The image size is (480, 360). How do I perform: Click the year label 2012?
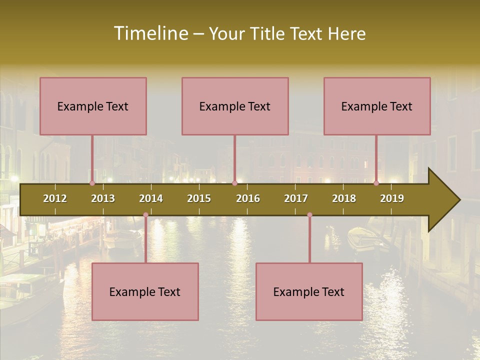[x=55, y=198]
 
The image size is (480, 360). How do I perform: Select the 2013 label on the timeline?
[x=103, y=198]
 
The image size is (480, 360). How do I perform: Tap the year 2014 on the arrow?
[x=151, y=198]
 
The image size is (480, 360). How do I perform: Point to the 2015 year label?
[x=199, y=198]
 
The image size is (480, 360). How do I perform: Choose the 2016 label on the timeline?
[x=248, y=198]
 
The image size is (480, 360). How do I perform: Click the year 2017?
[x=296, y=198]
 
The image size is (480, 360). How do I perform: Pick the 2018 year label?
[x=344, y=198]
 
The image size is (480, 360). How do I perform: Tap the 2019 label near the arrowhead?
[x=392, y=198]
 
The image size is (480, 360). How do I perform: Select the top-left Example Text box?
[x=93, y=106]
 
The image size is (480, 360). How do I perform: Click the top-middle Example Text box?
[x=235, y=106]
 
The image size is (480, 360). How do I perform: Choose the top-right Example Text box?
[x=377, y=106]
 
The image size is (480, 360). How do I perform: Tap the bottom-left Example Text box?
[x=145, y=291]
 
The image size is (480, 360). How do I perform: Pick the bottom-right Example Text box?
[x=309, y=291]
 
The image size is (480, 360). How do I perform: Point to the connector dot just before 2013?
[x=92, y=183]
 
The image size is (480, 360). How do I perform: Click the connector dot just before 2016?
[x=234, y=183]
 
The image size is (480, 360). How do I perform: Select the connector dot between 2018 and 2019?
[x=376, y=183]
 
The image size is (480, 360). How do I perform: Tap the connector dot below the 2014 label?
[x=145, y=215]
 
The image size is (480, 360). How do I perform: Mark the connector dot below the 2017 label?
[x=309, y=215]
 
